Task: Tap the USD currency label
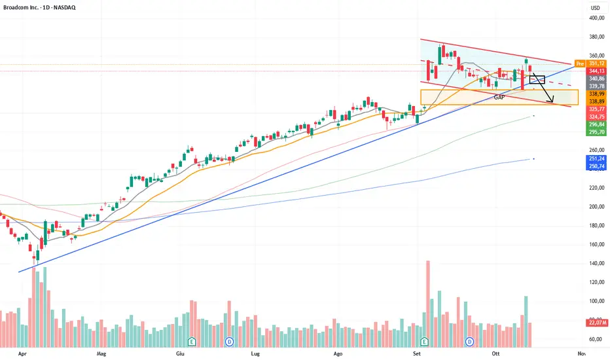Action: [595, 8]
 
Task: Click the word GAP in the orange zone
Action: [499, 97]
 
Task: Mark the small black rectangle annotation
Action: [537, 79]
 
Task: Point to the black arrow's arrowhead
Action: [553, 102]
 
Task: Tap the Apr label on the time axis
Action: [24, 353]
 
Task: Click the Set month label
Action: [416, 353]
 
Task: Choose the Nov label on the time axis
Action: [581, 353]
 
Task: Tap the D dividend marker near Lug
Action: [230, 341]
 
